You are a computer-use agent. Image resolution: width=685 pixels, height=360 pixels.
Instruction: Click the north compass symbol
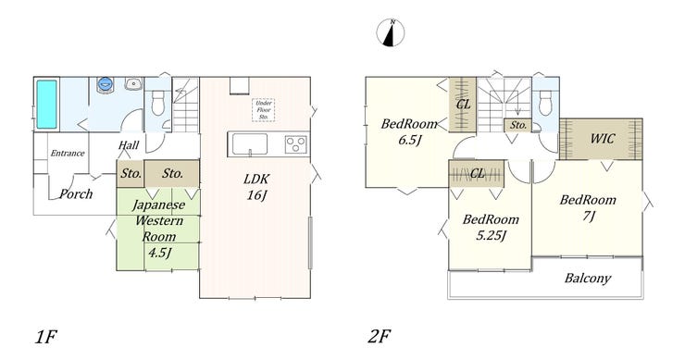(x=391, y=32)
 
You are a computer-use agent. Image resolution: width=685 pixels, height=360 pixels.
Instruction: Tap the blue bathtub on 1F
(x=46, y=104)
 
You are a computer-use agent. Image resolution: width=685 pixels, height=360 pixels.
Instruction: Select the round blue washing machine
(x=106, y=83)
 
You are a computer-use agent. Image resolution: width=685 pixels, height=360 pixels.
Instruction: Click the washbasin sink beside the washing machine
(x=132, y=83)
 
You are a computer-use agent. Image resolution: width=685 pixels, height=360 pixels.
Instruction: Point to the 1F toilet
(x=157, y=102)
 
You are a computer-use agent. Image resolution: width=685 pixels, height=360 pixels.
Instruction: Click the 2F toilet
(x=545, y=102)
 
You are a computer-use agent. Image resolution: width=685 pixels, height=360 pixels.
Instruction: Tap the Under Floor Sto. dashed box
(x=264, y=110)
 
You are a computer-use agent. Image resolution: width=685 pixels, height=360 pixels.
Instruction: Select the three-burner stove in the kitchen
(x=296, y=144)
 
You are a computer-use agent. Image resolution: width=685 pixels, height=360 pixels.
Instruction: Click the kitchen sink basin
(x=249, y=144)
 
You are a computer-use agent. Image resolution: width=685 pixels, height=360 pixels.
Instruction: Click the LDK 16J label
(x=256, y=187)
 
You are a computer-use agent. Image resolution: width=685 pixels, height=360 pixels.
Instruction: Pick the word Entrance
(x=68, y=153)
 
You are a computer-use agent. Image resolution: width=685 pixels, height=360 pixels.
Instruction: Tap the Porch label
(x=76, y=193)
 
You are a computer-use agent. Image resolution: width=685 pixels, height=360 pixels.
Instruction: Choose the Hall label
(x=129, y=145)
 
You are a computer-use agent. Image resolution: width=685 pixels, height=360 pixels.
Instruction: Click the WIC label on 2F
(x=602, y=139)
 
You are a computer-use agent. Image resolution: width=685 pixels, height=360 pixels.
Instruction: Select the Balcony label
(x=588, y=279)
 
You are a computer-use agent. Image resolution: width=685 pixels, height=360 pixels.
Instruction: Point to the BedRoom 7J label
(x=588, y=208)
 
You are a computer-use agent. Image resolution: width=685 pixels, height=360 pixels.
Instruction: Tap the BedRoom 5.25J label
(x=491, y=227)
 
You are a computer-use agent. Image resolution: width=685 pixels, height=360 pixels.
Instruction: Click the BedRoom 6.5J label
(x=409, y=132)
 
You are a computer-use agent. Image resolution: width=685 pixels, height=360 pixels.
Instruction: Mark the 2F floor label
(x=379, y=337)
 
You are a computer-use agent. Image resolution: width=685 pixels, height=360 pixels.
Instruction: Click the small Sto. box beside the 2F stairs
(x=518, y=125)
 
